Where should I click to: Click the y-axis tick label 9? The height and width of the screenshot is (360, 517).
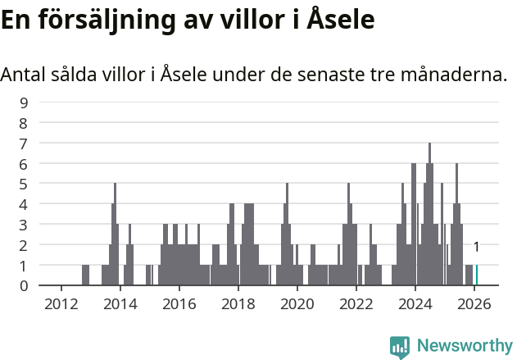[24, 103]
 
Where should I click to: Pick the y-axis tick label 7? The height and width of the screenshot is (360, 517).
[24, 144]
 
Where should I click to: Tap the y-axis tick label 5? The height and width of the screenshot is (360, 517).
[24, 184]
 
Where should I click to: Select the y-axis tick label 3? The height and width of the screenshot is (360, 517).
[24, 225]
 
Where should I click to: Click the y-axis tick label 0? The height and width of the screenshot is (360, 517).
[24, 285]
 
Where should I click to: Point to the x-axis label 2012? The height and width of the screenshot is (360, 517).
[61, 303]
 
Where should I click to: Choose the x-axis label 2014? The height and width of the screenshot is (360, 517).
[120, 303]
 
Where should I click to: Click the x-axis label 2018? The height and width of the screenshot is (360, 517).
[238, 303]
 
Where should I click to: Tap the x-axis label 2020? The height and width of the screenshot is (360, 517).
[297, 303]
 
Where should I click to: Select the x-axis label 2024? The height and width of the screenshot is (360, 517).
[415, 303]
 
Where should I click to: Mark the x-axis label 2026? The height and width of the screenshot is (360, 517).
[474, 303]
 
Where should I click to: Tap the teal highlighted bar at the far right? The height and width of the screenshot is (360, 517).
[477, 276]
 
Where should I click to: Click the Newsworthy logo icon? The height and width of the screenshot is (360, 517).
[400, 347]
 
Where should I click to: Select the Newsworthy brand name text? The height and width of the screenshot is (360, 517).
[465, 346]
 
